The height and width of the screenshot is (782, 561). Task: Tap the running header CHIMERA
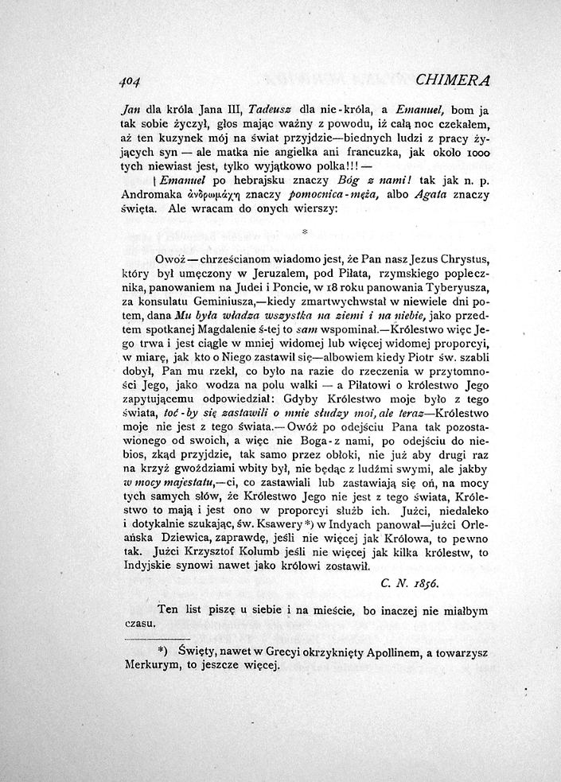pos(452,80)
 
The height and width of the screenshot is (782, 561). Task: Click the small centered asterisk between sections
pos(306,232)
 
